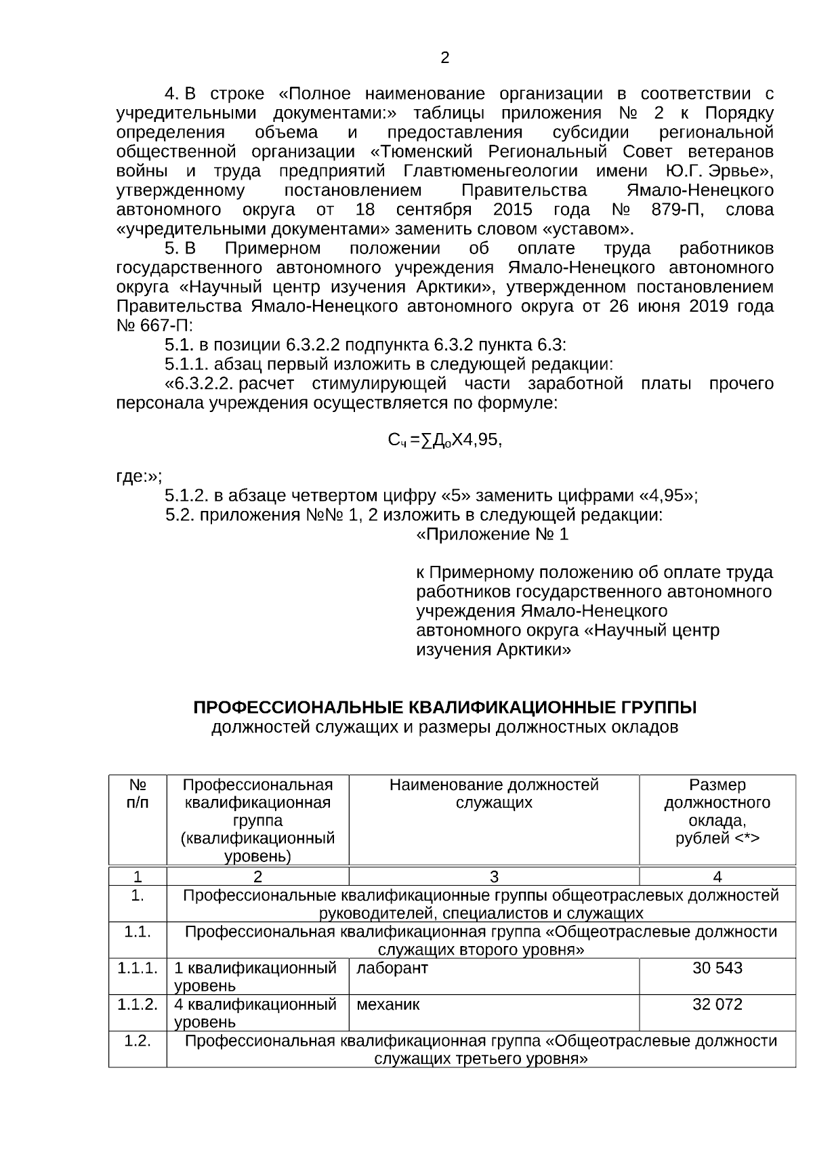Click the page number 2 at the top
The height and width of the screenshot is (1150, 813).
click(x=444, y=58)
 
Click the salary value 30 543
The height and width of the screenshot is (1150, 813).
click(x=717, y=968)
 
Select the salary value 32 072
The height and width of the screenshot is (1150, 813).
click(x=717, y=1004)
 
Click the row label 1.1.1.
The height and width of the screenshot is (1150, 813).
click(x=138, y=968)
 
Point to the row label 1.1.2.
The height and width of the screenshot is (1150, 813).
click(x=138, y=1004)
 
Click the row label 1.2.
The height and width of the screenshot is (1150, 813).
click(x=138, y=1041)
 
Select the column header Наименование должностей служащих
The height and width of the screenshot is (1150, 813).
click(x=494, y=794)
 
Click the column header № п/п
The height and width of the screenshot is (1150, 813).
click(x=138, y=794)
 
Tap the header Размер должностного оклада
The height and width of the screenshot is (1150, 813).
click(x=717, y=812)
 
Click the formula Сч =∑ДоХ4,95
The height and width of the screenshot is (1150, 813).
click(x=444, y=440)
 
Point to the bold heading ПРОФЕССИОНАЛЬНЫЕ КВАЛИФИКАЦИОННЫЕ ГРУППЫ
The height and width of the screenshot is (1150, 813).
click(x=444, y=708)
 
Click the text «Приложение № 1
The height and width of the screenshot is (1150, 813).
click(x=492, y=535)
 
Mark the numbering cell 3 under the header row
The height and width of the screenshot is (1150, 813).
click(x=494, y=877)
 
